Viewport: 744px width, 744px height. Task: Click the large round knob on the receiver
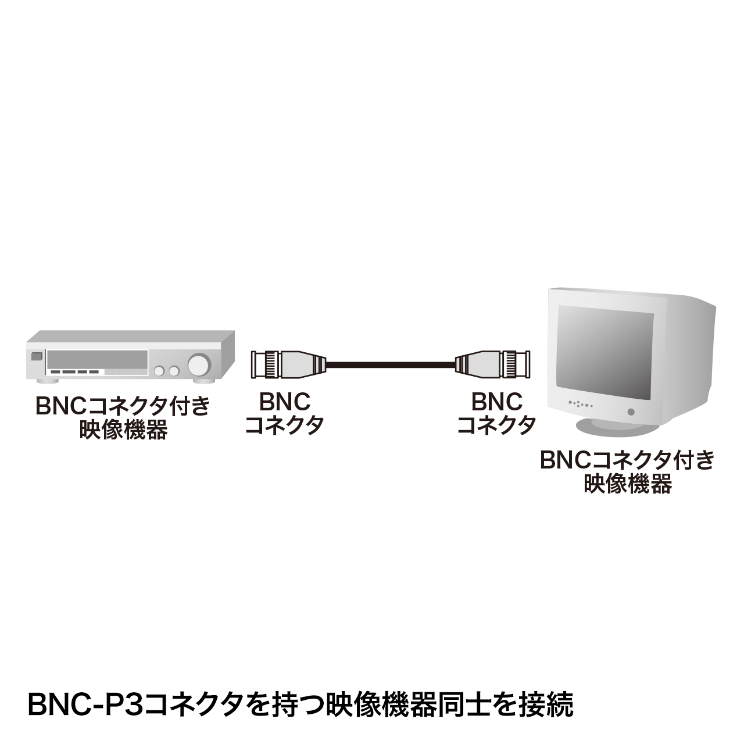coord(198,364)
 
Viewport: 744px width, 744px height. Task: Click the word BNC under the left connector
coord(284,401)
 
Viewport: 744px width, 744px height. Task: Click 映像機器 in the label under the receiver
coord(123,431)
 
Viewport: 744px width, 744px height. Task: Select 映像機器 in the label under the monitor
coord(627,484)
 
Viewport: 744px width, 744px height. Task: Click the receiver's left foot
coord(47,381)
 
